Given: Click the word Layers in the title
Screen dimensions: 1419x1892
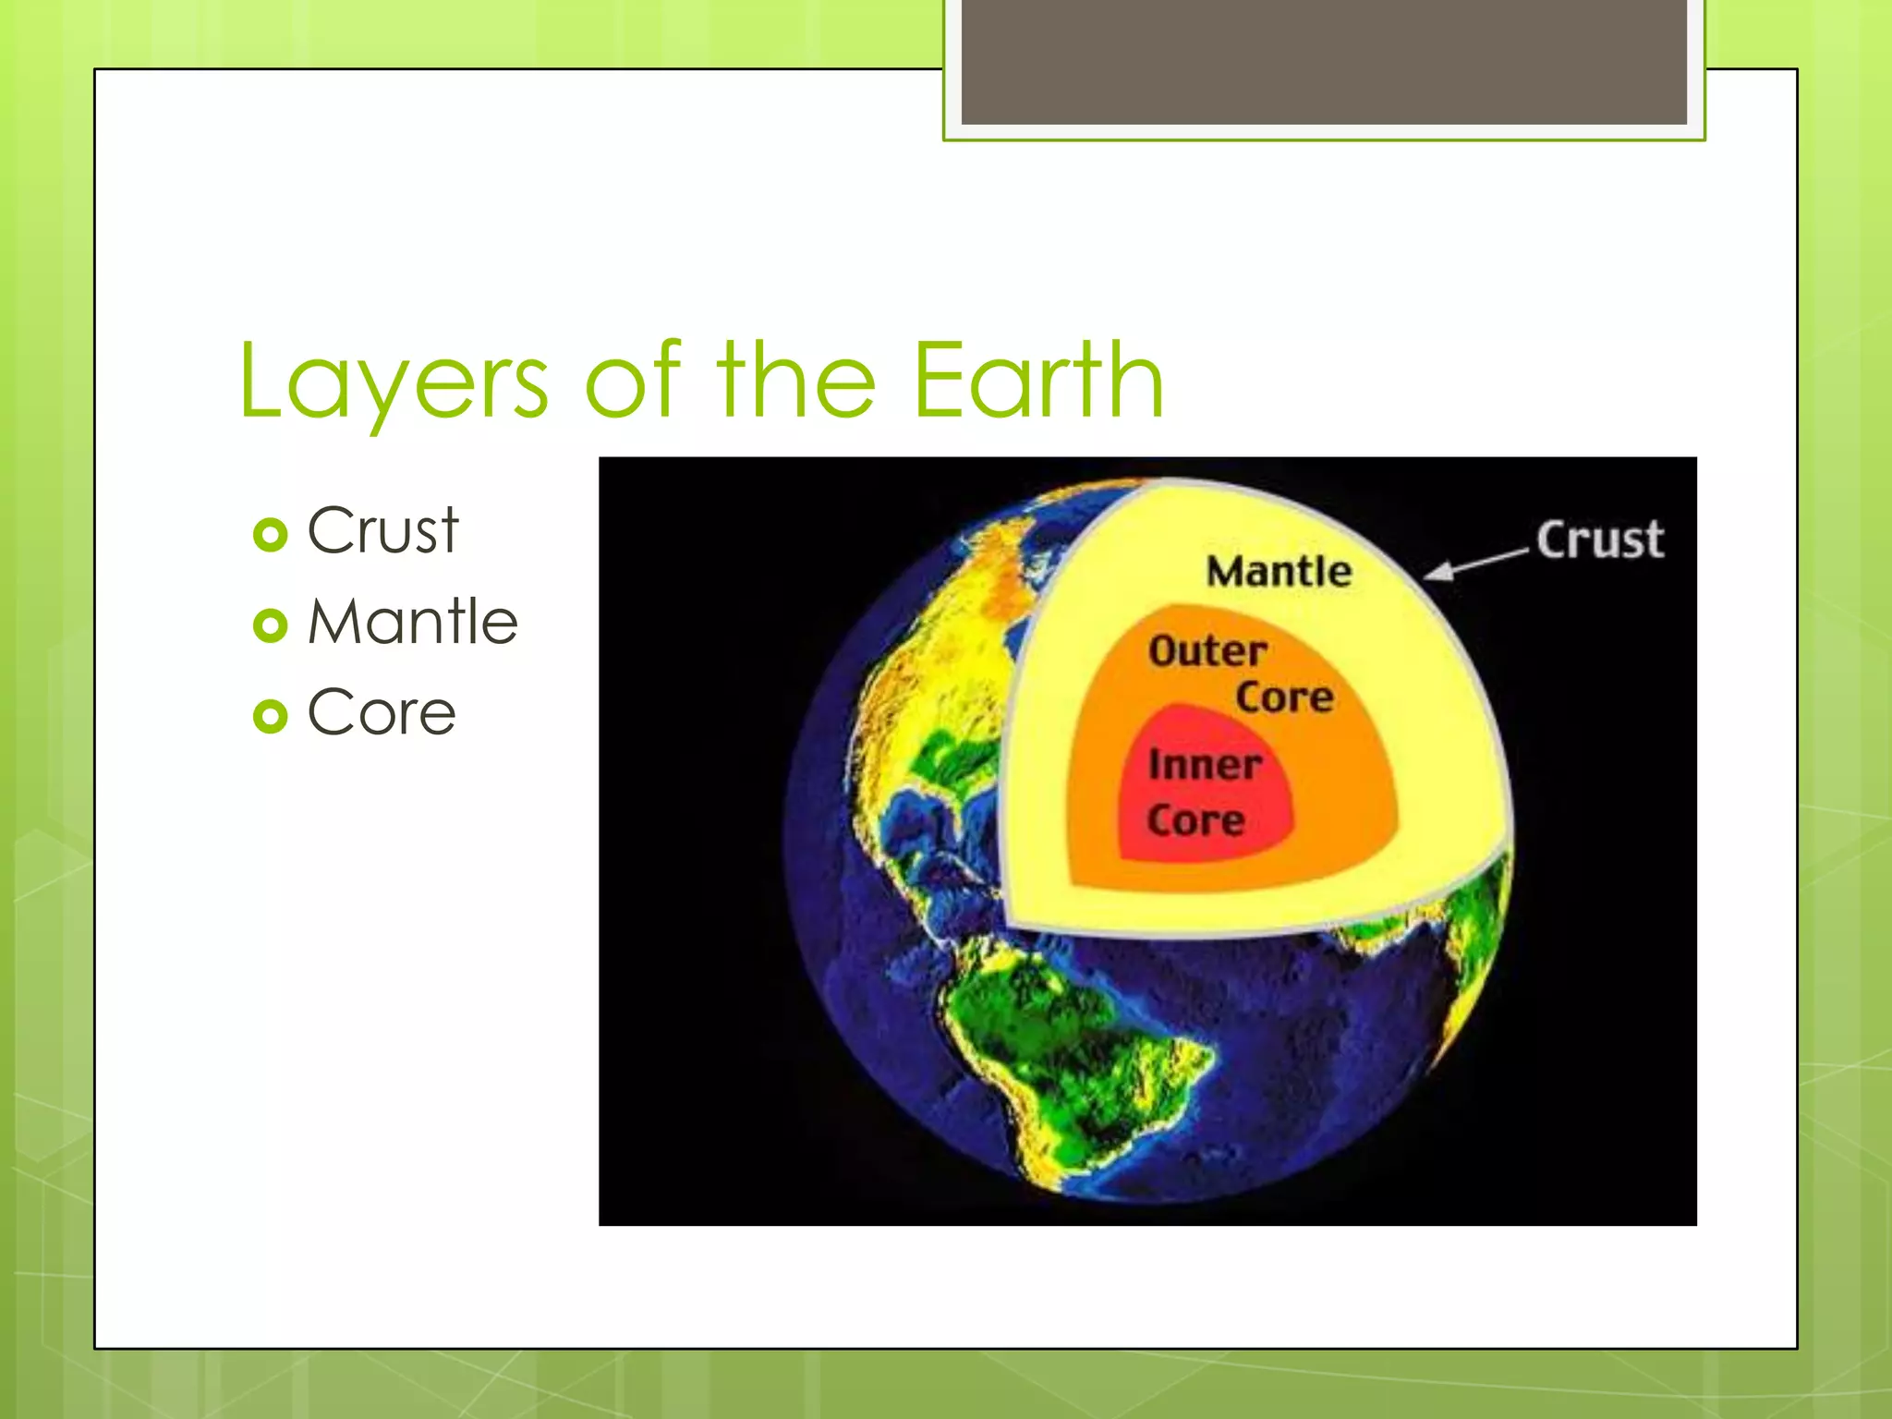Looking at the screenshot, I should (393, 381).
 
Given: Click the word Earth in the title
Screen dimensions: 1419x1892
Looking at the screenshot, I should (1038, 381).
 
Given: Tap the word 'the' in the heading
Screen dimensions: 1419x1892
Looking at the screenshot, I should (796, 381).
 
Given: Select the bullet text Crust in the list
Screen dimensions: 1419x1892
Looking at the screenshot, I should (382, 531).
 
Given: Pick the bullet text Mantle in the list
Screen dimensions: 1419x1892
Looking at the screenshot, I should (412, 622).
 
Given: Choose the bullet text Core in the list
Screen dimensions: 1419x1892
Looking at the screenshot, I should (382, 713).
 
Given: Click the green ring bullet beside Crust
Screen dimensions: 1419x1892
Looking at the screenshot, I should (270, 535).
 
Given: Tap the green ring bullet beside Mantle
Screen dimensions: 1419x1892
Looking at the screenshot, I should (270, 625).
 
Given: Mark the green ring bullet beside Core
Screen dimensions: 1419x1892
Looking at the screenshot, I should (270, 716).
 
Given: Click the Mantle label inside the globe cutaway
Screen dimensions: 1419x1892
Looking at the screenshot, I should (1279, 571).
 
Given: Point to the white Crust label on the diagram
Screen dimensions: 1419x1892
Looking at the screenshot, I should (1599, 540).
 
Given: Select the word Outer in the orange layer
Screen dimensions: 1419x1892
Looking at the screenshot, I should (1207, 651).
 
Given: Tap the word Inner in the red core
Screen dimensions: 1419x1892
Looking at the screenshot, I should (1205, 765).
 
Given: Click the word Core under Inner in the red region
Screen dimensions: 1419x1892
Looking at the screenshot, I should (1195, 820).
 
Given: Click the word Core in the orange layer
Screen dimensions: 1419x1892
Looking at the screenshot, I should (1284, 697).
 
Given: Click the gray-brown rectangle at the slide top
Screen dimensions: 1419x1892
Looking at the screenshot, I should (1323, 61).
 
